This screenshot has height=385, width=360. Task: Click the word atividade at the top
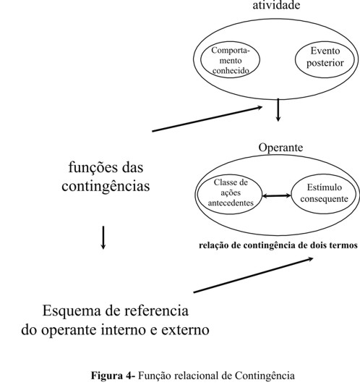[276, 5]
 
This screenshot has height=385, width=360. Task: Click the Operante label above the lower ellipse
[280, 148]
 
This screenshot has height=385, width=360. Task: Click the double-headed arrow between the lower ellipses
[277, 195]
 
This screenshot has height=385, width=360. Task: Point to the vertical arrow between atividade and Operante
[278, 110]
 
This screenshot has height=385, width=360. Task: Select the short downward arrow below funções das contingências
[103, 237]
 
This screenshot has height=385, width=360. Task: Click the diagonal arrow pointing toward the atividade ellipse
[207, 119]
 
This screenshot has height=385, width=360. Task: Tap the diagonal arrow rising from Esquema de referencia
[253, 275]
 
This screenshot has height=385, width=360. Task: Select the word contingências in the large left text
[106, 187]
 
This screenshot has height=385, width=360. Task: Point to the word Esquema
[72, 311]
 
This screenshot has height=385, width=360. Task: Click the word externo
[185, 330]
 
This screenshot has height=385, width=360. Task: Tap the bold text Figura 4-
[113, 376]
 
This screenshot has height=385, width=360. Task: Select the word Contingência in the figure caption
[265, 376]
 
